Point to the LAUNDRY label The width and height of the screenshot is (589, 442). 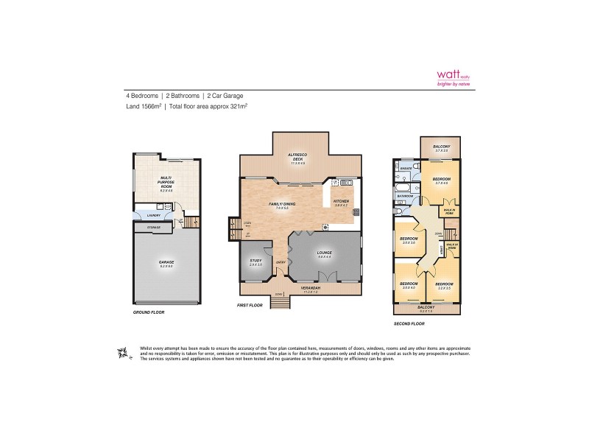click(x=153, y=215)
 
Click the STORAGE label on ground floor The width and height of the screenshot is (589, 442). click(x=154, y=228)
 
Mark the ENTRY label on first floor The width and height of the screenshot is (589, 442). click(x=281, y=262)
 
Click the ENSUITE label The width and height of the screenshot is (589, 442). click(x=404, y=167)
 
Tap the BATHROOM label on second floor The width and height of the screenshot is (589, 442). click(x=404, y=197)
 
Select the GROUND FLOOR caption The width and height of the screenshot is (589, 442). click(x=149, y=312)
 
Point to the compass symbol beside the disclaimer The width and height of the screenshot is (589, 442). click(x=121, y=354)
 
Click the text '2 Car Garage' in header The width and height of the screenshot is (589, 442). click(x=225, y=96)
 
